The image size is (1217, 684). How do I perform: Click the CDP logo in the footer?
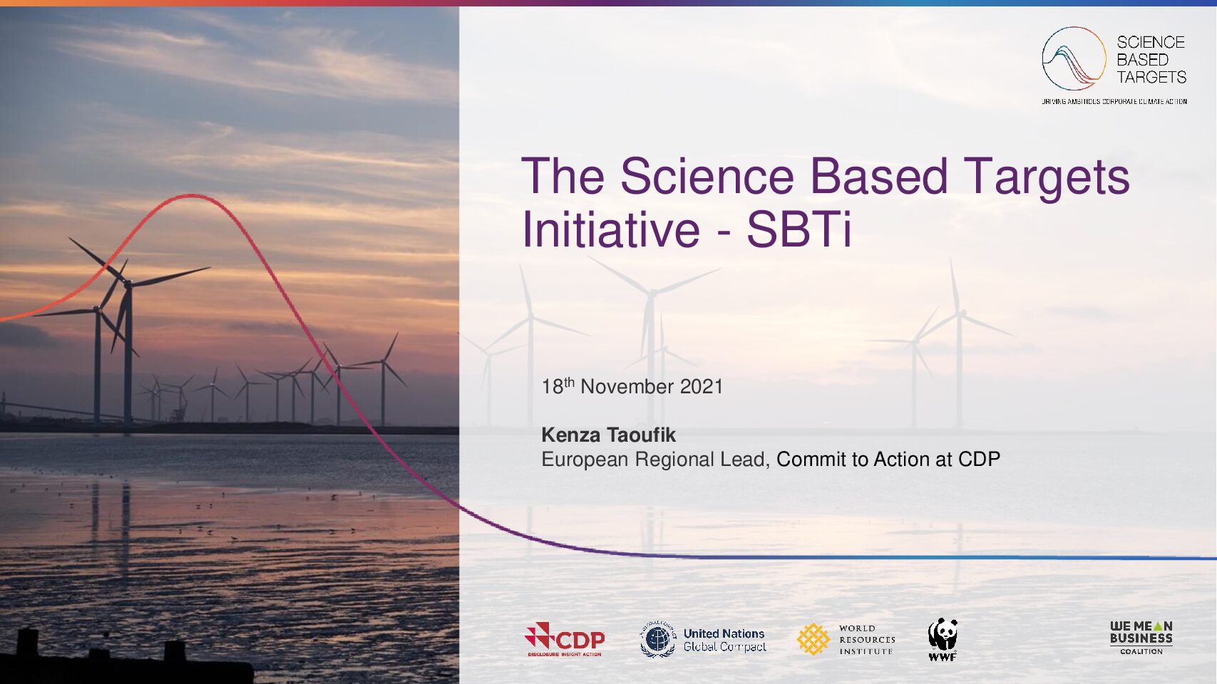[565, 639]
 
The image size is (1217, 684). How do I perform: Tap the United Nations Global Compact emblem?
[657, 640]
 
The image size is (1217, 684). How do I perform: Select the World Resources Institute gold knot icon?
[813, 640]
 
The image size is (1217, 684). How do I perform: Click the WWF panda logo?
[943, 639]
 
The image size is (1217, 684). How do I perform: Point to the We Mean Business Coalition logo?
[1141, 638]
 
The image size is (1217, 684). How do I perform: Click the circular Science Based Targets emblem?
[1074, 58]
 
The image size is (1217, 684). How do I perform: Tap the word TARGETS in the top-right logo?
[1151, 78]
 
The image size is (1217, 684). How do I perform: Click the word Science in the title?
[707, 176]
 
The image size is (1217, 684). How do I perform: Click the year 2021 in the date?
[702, 386]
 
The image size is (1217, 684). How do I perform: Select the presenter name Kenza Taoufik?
[609, 435]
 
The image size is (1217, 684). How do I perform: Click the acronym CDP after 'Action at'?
[979, 460]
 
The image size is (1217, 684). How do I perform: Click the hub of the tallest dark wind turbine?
[128, 283]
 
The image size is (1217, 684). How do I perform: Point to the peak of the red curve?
[190, 195]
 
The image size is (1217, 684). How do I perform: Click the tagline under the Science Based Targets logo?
[1114, 101]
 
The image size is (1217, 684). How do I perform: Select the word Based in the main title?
[878, 176]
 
